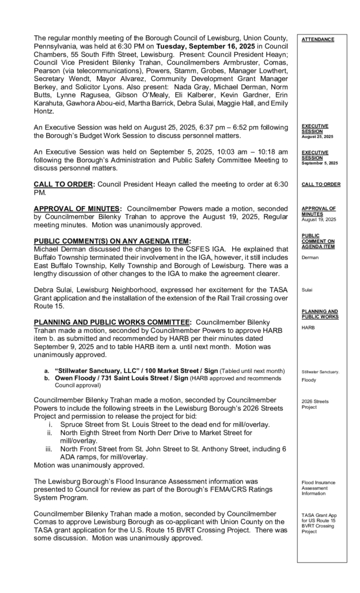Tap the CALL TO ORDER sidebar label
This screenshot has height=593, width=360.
pyautogui.click(x=321, y=184)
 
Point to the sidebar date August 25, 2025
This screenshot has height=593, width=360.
pyautogui.click(x=316, y=136)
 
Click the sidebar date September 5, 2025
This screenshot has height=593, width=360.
pyautogui.click(x=320, y=163)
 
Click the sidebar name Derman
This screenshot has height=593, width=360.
pyautogui.click(x=310, y=258)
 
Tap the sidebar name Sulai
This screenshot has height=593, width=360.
pyautogui.click(x=308, y=291)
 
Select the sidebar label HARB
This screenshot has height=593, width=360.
pyautogui.click(x=309, y=327)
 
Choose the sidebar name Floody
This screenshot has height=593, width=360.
pyautogui.click(x=309, y=380)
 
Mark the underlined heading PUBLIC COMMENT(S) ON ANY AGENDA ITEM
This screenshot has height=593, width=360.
pyautogui.click(x=112, y=241)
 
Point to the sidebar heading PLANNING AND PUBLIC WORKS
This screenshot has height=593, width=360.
pyautogui.click(x=320, y=314)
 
